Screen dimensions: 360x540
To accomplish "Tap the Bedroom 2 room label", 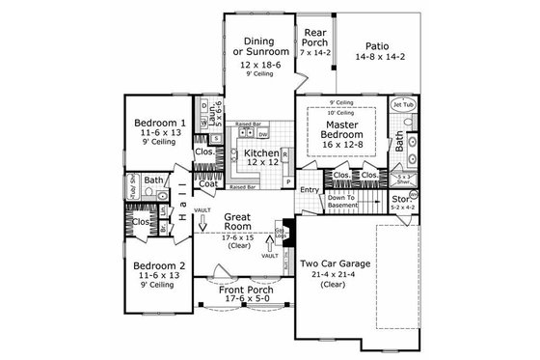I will (159, 265).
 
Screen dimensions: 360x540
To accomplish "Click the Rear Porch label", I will (313, 38).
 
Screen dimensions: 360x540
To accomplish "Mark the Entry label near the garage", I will (310, 190).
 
